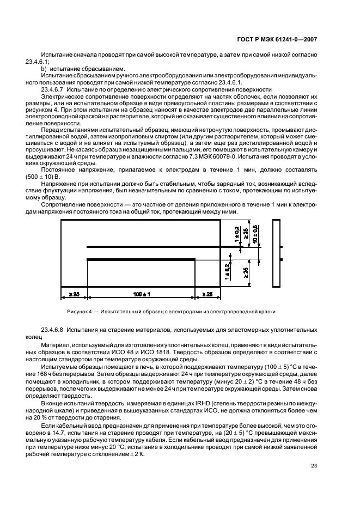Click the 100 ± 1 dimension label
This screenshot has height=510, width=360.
tap(141, 294)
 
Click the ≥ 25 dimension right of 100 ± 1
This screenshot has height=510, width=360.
tap(208, 294)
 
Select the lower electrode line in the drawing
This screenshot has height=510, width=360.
tap(142, 259)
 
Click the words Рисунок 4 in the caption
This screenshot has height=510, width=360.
tap(79, 312)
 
